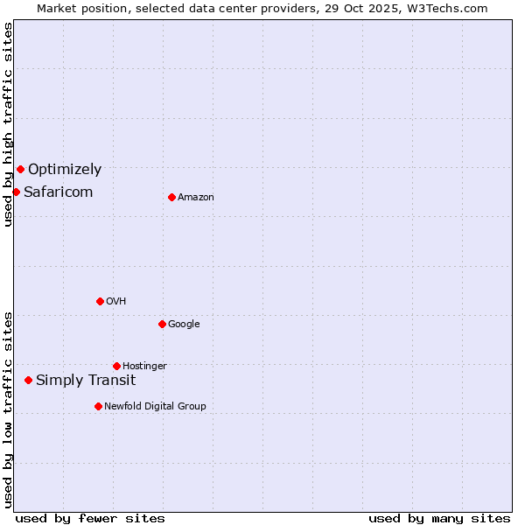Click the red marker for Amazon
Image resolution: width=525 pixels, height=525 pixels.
tap(171, 197)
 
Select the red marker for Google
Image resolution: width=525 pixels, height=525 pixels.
tap(162, 324)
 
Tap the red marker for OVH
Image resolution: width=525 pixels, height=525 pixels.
tap(100, 301)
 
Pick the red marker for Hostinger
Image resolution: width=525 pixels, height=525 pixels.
tap(116, 366)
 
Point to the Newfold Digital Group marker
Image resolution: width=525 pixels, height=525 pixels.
tap(98, 406)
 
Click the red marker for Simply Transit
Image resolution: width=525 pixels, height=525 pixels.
tap(29, 380)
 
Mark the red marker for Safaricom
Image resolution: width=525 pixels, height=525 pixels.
tap(16, 192)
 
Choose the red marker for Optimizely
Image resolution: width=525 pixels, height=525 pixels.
tap(20, 169)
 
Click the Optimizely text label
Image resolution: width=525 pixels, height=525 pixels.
tap(65, 170)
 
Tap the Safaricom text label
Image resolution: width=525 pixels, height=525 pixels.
tap(58, 192)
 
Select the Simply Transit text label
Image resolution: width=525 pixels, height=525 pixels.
tap(86, 380)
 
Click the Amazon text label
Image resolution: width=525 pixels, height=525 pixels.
tap(196, 198)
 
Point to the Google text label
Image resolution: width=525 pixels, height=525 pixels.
tap(184, 325)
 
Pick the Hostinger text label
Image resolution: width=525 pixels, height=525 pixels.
tap(144, 367)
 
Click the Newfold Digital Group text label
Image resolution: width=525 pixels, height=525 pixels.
tap(155, 407)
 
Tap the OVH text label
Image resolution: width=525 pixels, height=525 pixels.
tap(116, 302)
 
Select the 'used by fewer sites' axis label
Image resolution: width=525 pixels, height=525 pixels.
tap(90, 518)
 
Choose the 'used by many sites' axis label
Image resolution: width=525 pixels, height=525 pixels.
tap(439, 518)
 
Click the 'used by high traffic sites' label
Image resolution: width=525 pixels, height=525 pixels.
tap(8, 124)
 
